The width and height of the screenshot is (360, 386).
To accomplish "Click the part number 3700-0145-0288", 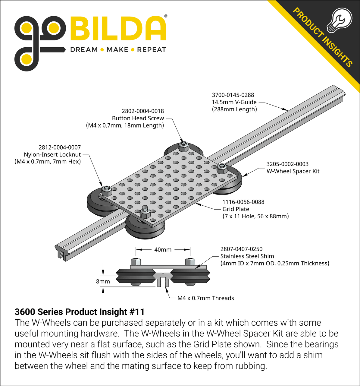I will [233, 95].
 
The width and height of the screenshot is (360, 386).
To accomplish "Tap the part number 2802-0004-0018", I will [143, 111].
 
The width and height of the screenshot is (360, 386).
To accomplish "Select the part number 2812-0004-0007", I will [60, 147].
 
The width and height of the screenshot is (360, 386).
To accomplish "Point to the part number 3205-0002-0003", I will [287, 164].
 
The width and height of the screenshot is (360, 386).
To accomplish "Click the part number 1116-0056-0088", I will [243, 202].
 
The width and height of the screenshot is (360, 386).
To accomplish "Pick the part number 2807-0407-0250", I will [241, 249].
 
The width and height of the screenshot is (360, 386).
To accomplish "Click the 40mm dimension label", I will [163, 250].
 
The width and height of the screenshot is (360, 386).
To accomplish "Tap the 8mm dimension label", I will [103, 281].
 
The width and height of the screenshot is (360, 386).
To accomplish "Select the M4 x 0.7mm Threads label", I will [205, 298].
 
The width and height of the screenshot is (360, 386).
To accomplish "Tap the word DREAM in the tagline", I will [84, 50].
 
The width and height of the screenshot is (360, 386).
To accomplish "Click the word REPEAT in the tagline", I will [152, 50].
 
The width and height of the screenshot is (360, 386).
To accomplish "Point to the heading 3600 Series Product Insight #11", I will [80, 312].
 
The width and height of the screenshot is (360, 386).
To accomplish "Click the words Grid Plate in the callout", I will [236, 209].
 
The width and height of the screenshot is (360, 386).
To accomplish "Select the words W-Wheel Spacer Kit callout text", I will [293, 171].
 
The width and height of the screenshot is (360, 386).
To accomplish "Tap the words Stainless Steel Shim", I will [247, 256].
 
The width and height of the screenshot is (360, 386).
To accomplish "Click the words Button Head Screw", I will [138, 119].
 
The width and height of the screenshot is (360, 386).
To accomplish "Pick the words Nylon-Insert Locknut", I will [52, 155].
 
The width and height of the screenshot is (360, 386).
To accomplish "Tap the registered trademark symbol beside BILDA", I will [165, 16].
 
